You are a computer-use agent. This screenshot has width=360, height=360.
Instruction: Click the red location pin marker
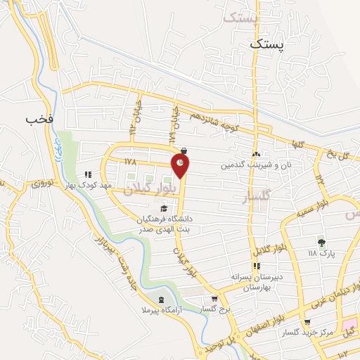click(181, 166)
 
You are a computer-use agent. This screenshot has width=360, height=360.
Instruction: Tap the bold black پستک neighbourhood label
click(269, 44)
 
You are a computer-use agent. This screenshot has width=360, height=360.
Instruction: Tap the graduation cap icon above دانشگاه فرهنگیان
click(164, 208)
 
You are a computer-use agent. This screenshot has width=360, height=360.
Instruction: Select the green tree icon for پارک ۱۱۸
click(321, 243)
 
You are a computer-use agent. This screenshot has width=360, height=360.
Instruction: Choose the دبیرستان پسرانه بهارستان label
click(257, 283)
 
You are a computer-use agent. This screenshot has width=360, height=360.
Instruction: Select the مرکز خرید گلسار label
click(306, 333)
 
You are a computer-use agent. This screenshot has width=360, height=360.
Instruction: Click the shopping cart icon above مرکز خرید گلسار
click(308, 321)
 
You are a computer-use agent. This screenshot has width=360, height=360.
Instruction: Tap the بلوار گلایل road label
click(269, 252)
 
